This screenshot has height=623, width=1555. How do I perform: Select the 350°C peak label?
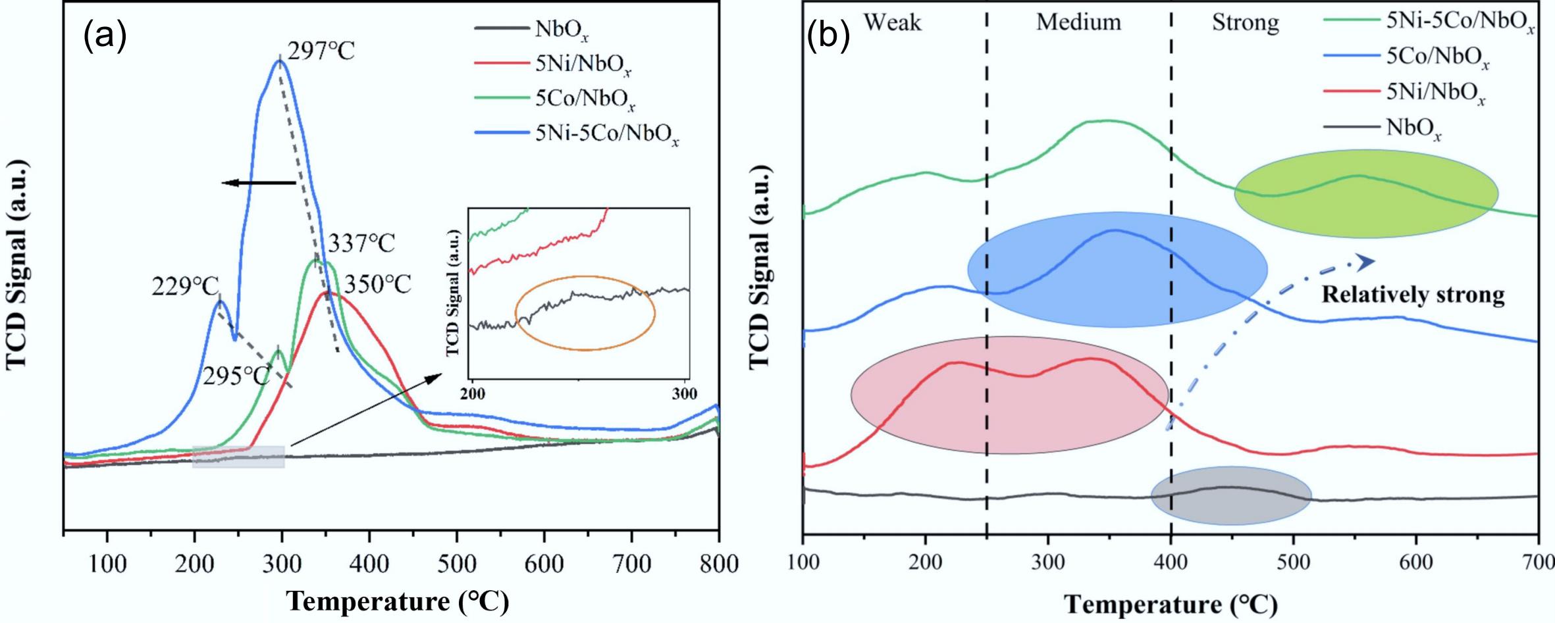377,284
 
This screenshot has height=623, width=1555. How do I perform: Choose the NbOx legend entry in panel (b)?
1413,128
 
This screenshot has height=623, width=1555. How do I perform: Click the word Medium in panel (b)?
1078,22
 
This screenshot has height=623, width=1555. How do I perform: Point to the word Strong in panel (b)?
1246,23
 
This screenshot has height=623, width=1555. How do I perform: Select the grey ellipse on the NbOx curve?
1230,495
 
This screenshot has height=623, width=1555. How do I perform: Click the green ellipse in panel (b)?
1366,193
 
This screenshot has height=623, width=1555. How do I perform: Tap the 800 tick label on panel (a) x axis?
718,564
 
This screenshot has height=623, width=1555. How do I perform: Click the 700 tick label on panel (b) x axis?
1537,563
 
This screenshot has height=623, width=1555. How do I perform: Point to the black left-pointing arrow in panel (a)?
258,183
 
